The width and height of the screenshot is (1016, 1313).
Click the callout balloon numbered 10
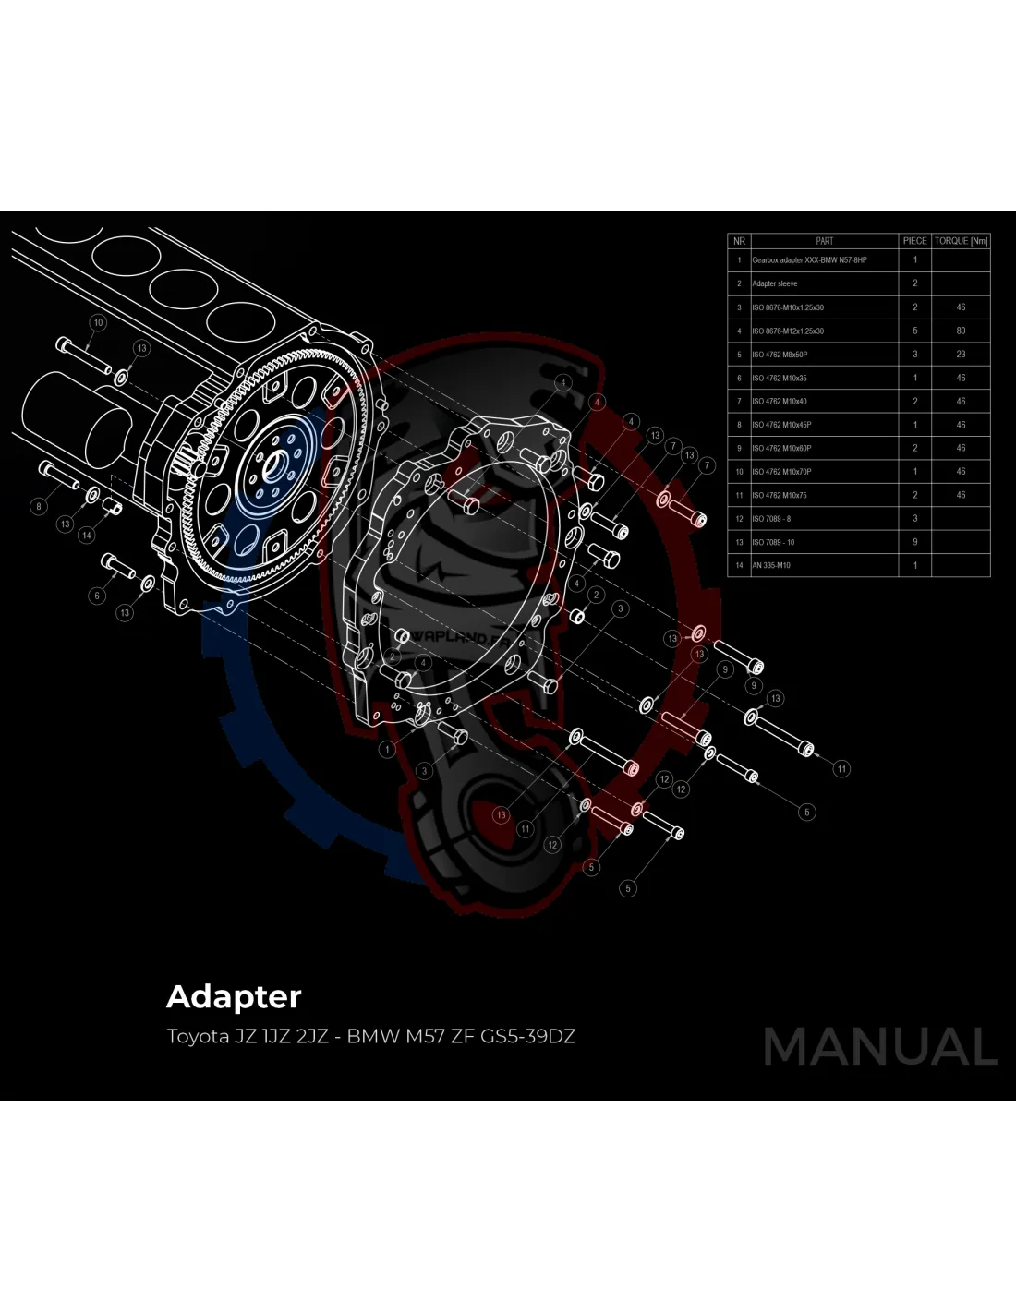98,322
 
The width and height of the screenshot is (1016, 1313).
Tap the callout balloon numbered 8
39,506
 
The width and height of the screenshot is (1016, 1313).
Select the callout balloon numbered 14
87,536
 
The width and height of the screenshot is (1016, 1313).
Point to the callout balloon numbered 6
97,596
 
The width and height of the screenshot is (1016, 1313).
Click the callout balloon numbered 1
388,750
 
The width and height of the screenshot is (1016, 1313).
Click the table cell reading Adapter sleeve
775,283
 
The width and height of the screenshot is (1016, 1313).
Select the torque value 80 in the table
961,331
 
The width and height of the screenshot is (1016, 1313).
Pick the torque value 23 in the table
961,355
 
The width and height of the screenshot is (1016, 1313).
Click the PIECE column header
914,241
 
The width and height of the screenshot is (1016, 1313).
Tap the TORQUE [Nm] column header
961,241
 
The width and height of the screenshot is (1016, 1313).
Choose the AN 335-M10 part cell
771,565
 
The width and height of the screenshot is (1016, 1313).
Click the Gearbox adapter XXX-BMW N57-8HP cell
809,260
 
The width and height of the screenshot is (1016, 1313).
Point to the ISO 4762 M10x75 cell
780,495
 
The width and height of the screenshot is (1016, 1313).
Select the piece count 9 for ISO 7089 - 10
915,542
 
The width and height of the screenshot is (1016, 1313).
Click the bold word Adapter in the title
234,996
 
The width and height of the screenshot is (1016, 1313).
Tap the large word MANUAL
880,1046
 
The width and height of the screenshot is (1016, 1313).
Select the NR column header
739,241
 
